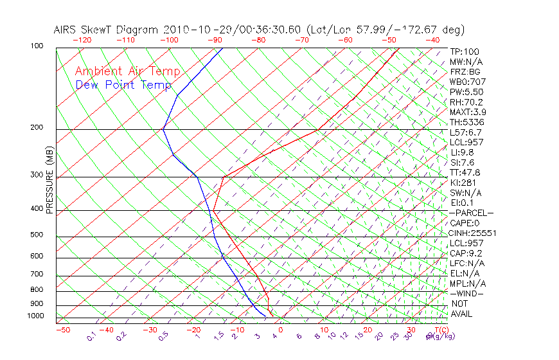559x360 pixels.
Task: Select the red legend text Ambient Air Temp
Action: click(x=127, y=72)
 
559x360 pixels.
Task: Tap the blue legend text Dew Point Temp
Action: click(x=123, y=85)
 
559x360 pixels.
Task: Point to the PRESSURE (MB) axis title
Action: click(x=49, y=183)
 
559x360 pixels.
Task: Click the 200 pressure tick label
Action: click(x=37, y=128)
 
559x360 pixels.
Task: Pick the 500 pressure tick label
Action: click(x=37, y=235)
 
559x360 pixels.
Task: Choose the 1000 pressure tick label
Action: click(x=35, y=316)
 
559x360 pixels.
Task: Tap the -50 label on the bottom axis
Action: click(x=62, y=330)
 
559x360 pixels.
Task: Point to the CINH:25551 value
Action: click(x=472, y=233)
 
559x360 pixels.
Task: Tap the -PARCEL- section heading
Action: click(x=471, y=213)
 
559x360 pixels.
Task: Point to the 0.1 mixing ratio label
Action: click(x=91, y=336)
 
